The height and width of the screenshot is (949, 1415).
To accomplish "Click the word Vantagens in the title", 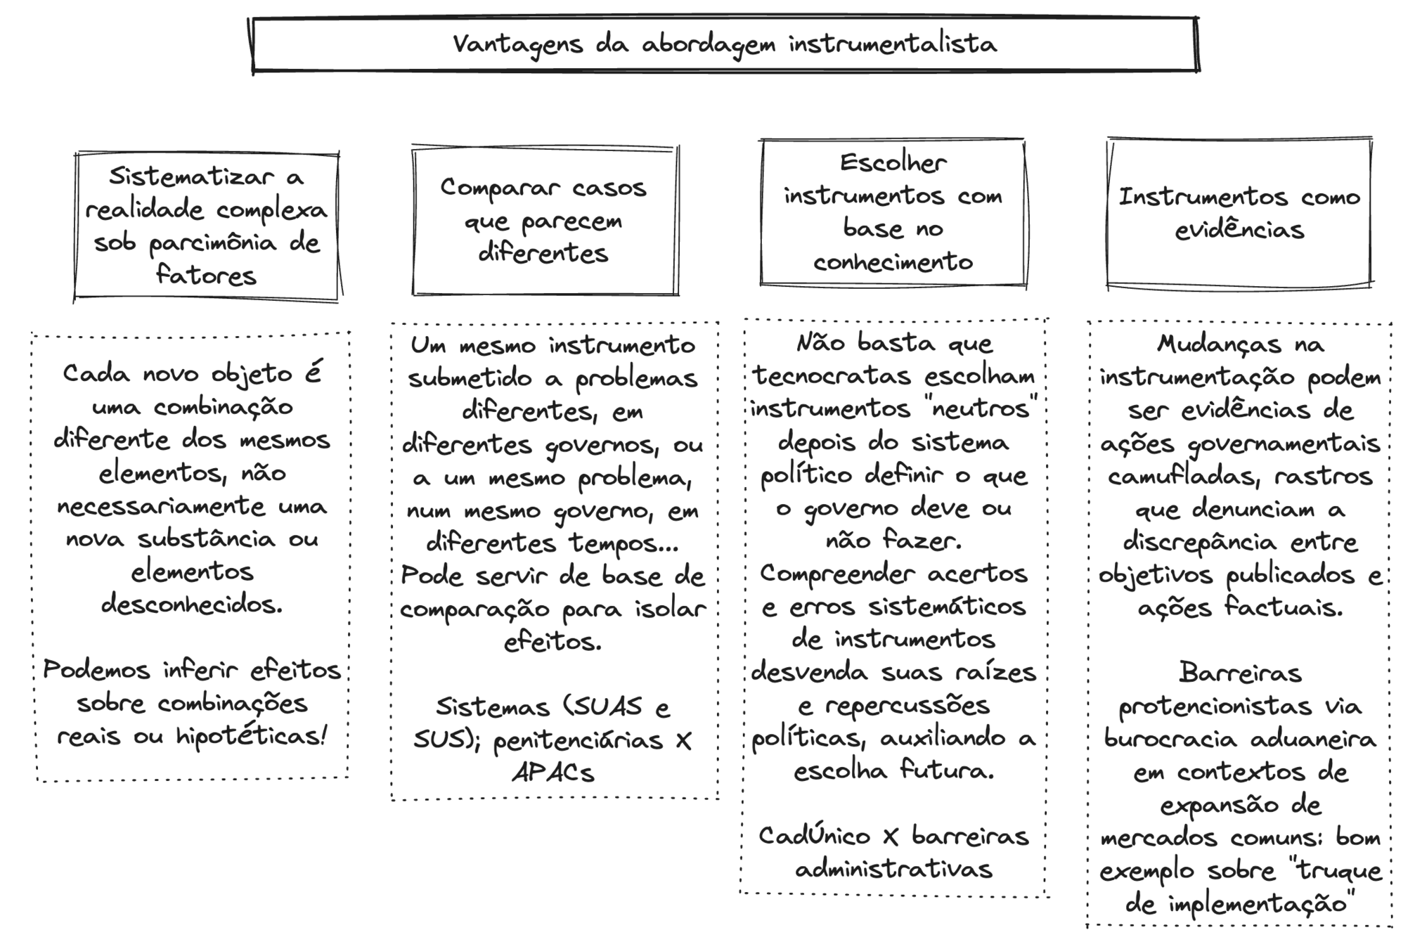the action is pos(517,44).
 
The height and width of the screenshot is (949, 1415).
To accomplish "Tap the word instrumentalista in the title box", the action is pos(892,44).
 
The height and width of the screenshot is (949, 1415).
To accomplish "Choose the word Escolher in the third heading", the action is pos(893,163).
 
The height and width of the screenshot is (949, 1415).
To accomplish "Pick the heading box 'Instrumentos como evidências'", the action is pos(1239,213).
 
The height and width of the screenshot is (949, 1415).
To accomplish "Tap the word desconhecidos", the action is pos(192,604).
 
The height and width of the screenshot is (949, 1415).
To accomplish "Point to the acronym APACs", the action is pos(553,773).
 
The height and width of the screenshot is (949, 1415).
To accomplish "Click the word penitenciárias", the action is pos(578,740).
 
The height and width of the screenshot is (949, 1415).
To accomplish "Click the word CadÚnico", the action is pos(815,836).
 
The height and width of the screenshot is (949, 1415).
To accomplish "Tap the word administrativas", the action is pos(893,870).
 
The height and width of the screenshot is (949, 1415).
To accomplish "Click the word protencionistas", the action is pos(1215,706).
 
